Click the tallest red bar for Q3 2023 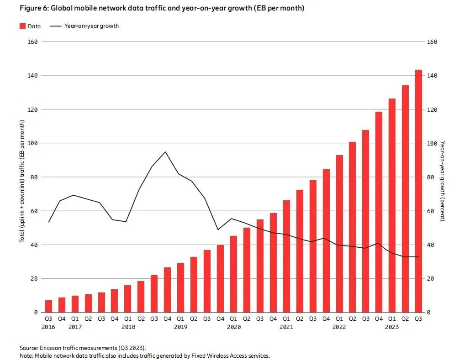click(x=418, y=192)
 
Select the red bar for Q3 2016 click(x=48, y=306)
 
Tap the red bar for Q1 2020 click(x=233, y=274)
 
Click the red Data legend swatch click(x=22, y=26)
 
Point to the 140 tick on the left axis click(x=33, y=75)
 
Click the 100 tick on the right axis click(x=432, y=143)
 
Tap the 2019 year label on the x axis click(x=181, y=327)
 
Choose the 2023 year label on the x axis click(x=392, y=327)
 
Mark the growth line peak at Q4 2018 click(x=165, y=152)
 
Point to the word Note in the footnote click(x=26, y=355)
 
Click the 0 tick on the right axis click(x=428, y=313)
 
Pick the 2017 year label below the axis click(x=75, y=327)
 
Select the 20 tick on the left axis click(x=34, y=279)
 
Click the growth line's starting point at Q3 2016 click(x=48, y=222)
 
